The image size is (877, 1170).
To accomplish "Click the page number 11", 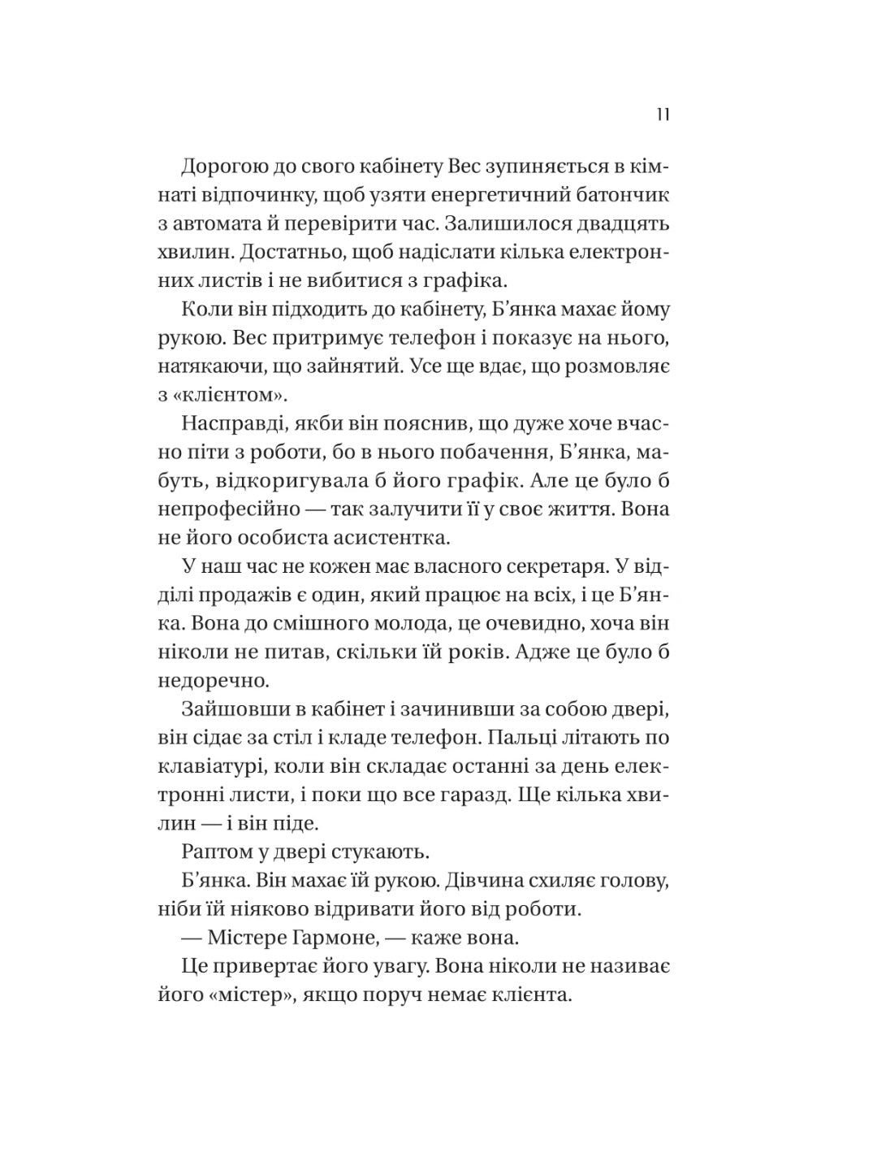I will (x=662, y=115).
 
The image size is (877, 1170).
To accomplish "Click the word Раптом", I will (x=214, y=852).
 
